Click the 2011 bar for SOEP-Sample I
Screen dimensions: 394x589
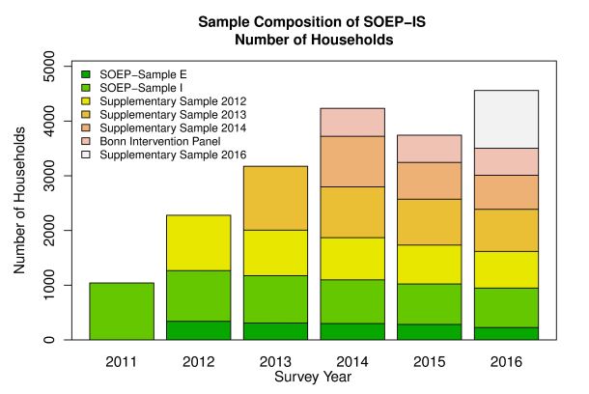click(122, 311)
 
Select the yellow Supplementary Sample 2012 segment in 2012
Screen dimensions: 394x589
click(198, 242)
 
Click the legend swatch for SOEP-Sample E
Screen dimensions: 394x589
click(86, 73)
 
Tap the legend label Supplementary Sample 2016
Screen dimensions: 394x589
click(173, 155)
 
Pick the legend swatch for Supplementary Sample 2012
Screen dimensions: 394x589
click(86, 100)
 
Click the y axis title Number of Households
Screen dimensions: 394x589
click(20, 204)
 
